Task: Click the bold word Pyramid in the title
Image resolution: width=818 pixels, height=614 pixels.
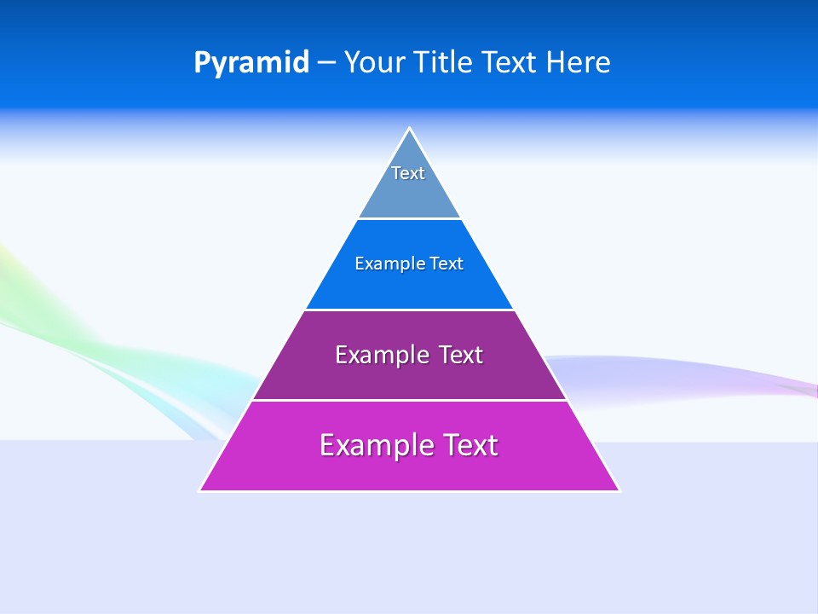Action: [251, 63]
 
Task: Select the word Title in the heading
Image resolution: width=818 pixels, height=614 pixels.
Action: [444, 62]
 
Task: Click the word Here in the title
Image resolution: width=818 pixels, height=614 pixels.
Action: [579, 62]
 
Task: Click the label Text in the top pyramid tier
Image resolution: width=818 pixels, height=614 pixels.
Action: [408, 173]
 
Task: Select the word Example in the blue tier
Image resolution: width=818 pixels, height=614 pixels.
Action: [384, 264]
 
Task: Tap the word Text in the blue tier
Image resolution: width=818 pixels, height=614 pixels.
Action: [446, 264]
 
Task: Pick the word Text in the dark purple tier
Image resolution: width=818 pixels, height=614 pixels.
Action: [460, 355]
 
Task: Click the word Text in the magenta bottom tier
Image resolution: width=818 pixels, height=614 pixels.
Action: [468, 445]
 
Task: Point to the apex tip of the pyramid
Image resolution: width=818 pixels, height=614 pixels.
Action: [410, 130]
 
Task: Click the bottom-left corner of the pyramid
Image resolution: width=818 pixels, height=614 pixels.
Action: [201, 489]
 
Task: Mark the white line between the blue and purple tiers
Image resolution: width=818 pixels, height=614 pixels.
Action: [409, 310]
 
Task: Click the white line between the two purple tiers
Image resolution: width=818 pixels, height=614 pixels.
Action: [409, 400]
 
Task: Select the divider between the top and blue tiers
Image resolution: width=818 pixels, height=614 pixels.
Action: [409, 219]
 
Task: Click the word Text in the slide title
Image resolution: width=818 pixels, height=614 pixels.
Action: [510, 62]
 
